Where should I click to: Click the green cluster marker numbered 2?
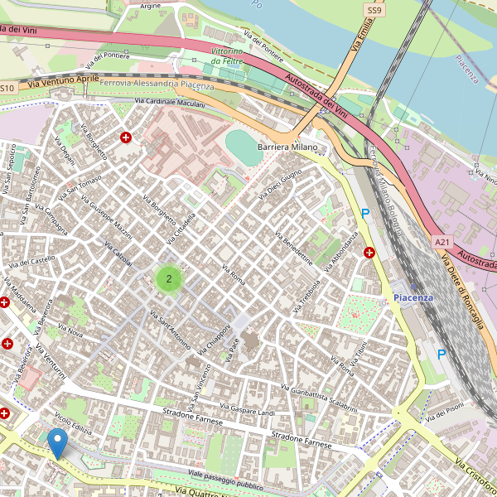pyautogui.click(x=169, y=278)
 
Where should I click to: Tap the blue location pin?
pyautogui.click(x=58, y=443)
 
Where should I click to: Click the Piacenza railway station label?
pyautogui.click(x=413, y=297)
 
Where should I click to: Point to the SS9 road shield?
pyautogui.click(x=374, y=9)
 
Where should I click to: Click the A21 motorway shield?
pyautogui.click(x=442, y=242)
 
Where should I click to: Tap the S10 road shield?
pyautogui.click(x=7, y=87)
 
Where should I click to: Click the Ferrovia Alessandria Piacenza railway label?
pyautogui.click(x=157, y=84)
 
